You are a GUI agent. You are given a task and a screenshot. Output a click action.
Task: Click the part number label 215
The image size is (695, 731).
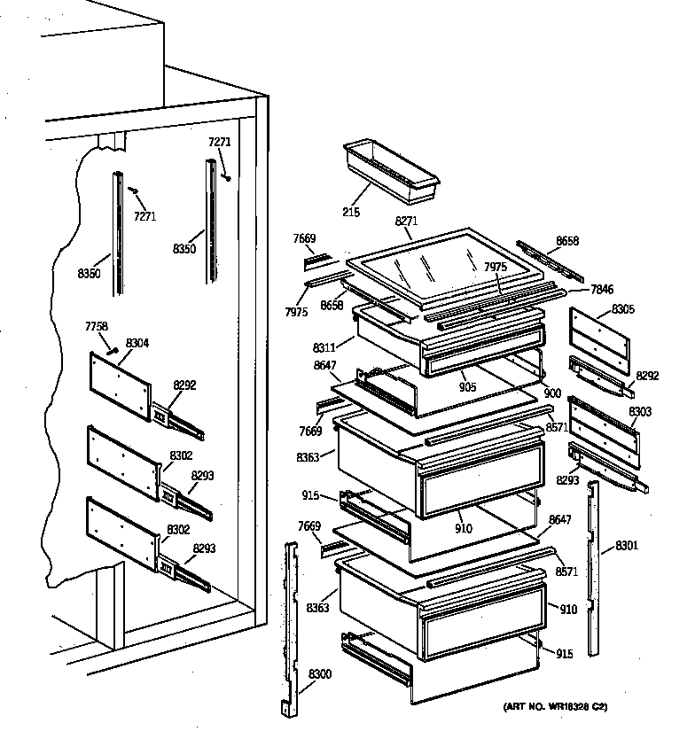click(350, 214)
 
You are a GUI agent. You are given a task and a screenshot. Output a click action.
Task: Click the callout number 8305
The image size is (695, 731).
click(624, 310)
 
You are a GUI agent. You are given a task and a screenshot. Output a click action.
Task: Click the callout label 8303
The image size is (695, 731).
click(639, 412)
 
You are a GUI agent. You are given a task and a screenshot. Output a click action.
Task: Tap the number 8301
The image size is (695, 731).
click(626, 544)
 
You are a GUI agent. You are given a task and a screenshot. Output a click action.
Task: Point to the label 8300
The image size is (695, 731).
click(320, 676)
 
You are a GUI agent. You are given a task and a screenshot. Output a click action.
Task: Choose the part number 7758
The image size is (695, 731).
click(97, 327)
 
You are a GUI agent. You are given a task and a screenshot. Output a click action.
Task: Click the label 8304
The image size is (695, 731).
click(137, 342)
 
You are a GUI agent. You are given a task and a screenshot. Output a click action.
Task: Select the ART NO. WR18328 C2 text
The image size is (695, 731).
click(556, 707)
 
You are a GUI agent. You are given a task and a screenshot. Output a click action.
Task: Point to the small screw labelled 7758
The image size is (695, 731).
click(112, 350)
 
